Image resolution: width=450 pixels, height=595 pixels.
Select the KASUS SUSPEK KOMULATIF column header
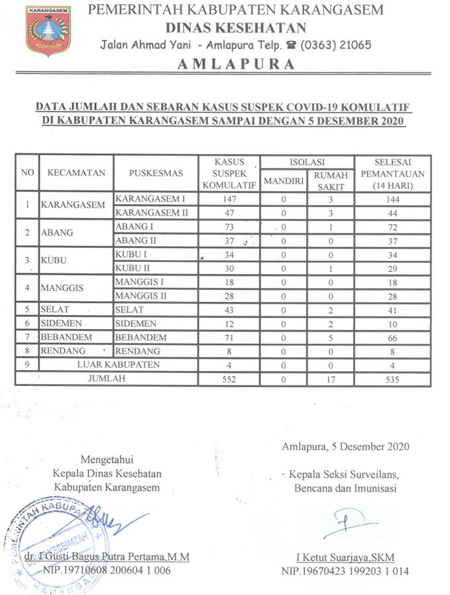229,173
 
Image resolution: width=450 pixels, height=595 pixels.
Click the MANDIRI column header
283,180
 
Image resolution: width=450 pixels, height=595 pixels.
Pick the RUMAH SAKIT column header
329,180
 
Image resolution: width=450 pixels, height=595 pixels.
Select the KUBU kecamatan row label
56,261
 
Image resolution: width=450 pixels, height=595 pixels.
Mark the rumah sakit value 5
329,338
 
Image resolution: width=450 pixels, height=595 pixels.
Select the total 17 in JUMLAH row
329,379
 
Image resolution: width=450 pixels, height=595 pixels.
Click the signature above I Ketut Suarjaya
349,519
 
